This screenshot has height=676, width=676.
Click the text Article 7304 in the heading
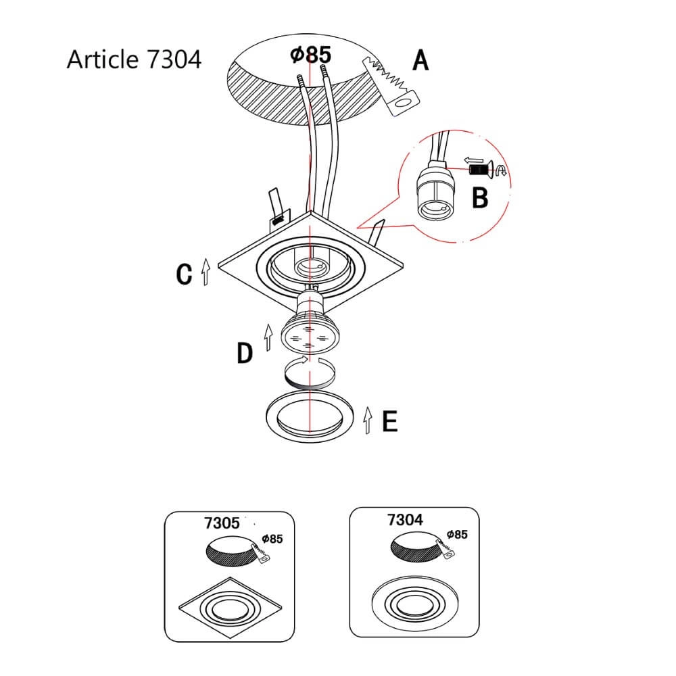click(134, 59)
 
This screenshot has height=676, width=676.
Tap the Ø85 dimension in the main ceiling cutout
click(312, 54)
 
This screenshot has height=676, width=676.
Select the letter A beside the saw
click(420, 61)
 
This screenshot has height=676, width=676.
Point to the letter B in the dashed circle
click(479, 198)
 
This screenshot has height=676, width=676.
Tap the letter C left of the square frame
click(184, 274)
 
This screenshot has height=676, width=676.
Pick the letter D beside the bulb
click(245, 353)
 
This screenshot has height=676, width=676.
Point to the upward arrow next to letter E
click(367, 420)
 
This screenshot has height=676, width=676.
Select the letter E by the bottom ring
click(389, 421)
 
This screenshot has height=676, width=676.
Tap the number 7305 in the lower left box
click(221, 523)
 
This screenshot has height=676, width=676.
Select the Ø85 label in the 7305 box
click(272, 539)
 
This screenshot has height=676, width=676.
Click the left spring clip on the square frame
click(274, 207)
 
